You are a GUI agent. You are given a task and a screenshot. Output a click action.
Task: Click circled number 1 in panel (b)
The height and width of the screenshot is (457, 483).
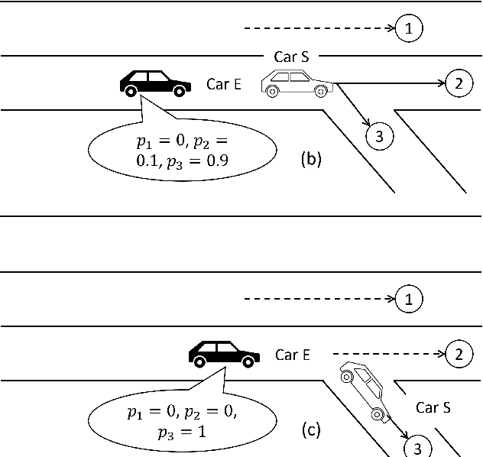(x=410, y=29)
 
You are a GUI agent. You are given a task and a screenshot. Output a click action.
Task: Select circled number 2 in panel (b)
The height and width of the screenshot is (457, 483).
(x=458, y=83)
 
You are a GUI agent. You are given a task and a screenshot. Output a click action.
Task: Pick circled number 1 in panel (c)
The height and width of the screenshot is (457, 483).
(x=410, y=300)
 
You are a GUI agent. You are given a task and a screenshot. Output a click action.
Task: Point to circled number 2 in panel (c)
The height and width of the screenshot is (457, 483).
(x=458, y=354)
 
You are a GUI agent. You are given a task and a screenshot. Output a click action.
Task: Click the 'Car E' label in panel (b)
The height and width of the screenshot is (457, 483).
(x=224, y=84)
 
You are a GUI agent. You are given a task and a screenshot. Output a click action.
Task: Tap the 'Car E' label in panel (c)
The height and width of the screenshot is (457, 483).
(x=292, y=355)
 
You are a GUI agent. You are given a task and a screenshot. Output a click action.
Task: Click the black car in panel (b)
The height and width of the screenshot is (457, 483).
(x=154, y=83)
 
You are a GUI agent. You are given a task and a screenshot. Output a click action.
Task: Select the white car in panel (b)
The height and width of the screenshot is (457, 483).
(x=296, y=83)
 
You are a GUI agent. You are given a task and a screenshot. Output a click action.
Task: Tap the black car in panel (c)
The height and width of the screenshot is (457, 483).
(x=224, y=353)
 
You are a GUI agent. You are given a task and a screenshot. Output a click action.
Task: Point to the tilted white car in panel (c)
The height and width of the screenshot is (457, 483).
(x=365, y=391)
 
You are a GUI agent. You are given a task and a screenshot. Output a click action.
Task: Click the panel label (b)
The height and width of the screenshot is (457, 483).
(x=311, y=160)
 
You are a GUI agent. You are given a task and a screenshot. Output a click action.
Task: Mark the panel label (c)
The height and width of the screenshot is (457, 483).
(x=310, y=430)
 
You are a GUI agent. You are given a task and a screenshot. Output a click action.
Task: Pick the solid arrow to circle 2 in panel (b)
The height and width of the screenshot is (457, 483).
(x=390, y=83)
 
